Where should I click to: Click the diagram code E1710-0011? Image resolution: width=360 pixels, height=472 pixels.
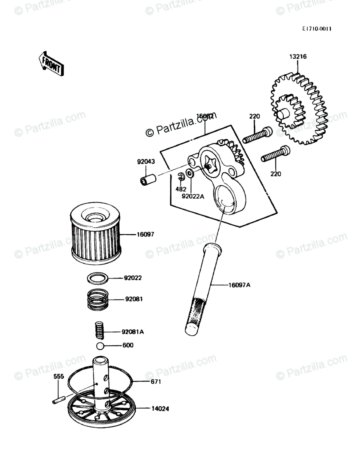click(x=319, y=29)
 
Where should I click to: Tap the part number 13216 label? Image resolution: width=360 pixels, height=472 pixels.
click(x=298, y=57)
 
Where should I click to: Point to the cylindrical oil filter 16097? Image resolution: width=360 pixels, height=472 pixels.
click(x=95, y=234)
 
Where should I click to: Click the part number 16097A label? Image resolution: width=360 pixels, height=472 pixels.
click(x=239, y=285)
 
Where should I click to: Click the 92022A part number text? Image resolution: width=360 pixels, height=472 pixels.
click(x=193, y=196)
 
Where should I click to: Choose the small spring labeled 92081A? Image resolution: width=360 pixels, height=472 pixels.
click(x=99, y=330)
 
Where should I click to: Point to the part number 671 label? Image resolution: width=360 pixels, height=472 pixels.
click(x=155, y=381)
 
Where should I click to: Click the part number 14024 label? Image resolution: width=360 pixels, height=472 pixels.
click(x=160, y=409)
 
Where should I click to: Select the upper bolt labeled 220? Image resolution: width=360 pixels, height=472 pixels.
click(x=258, y=135)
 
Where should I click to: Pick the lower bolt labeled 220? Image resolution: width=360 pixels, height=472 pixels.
click(x=275, y=154)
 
